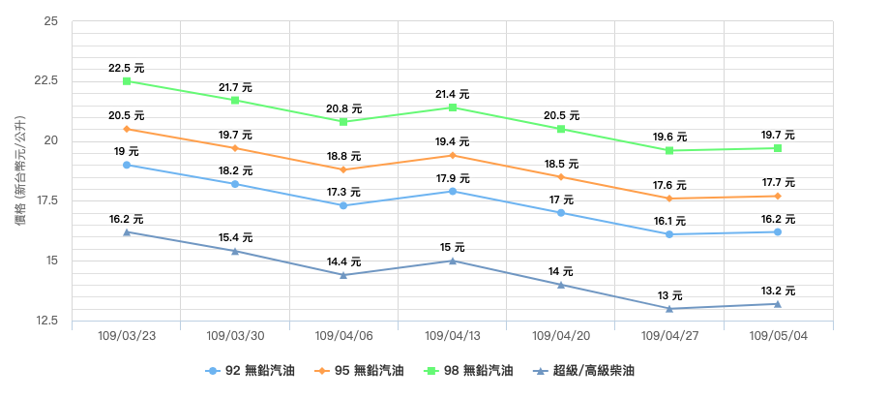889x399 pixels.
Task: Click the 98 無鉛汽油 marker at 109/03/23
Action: pyautogui.click(x=127, y=81)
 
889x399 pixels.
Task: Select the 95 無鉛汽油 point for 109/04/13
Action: pyautogui.click(x=453, y=155)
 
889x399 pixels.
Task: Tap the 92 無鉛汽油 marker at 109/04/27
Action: pyautogui.click(x=669, y=234)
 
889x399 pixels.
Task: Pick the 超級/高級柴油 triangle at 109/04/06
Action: pyautogui.click(x=343, y=275)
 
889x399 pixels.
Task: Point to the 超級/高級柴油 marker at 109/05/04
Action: pyautogui.click(x=778, y=304)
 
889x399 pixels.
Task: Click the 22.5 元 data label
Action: pyautogui.click(x=127, y=68)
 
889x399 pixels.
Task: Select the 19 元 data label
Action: pyautogui.click(x=127, y=151)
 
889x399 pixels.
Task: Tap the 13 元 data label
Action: pyautogui.click(x=669, y=295)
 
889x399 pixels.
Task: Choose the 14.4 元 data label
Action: pyautogui.click(x=343, y=261)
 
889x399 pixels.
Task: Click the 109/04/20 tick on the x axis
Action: pyautogui.click(x=561, y=336)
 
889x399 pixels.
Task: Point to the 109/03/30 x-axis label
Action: pyautogui.click(x=235, y=336)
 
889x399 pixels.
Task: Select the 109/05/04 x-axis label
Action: pyautogui.click(x=778, y=336)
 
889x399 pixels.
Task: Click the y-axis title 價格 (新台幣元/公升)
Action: pyautogui.click(x=21, y=170)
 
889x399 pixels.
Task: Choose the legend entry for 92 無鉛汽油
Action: pyautogui.click(x=250, y=371)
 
